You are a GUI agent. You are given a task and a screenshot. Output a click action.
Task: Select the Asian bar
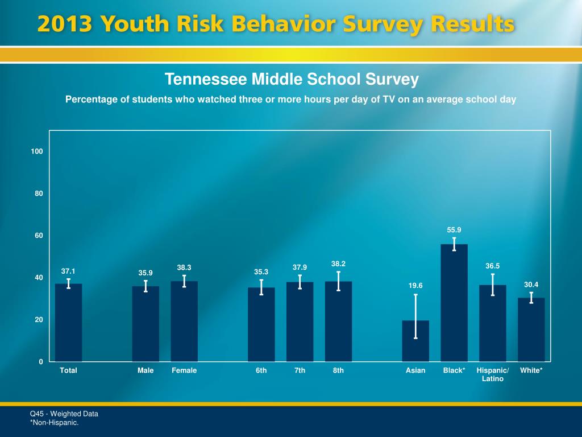click(415, 341)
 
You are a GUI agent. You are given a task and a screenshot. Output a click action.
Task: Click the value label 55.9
click(454, 230)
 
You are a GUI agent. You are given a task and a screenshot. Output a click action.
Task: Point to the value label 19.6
click(415, 286)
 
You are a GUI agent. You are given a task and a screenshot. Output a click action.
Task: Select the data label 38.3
click(184, 267)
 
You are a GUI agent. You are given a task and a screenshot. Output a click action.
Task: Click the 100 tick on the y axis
click(38, 151)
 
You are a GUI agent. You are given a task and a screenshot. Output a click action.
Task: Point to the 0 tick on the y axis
click(41, 362)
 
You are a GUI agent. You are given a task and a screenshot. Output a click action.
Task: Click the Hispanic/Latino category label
click(493, 374)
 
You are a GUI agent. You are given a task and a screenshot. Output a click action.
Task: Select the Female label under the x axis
click(184, 370)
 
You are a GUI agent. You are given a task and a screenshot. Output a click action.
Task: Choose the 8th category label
click(338, 370)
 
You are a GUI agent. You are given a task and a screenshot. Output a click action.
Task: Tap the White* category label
click(531, 370)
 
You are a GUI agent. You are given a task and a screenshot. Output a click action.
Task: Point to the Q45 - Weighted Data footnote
click(64, 414)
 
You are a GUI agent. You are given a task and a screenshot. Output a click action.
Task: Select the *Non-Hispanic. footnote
click(55, 422)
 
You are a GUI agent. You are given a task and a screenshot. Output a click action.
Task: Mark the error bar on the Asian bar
click(415, 316)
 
